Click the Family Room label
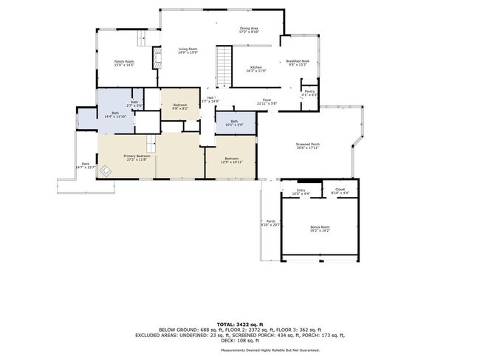click(123, 63)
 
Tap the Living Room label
click(188, 51)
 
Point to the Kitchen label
click(256, 69)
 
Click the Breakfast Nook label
click(298, 63)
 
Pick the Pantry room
click(310, 92)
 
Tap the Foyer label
click(267, 102)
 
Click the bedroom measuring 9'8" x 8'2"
click(180, 107)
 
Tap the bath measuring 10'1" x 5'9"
click(234, 122)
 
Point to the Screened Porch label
click(308, 145)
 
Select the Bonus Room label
click(320, 230)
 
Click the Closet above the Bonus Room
click(340, 191)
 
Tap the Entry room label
click(301, 192)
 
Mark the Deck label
click(86, 165)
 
